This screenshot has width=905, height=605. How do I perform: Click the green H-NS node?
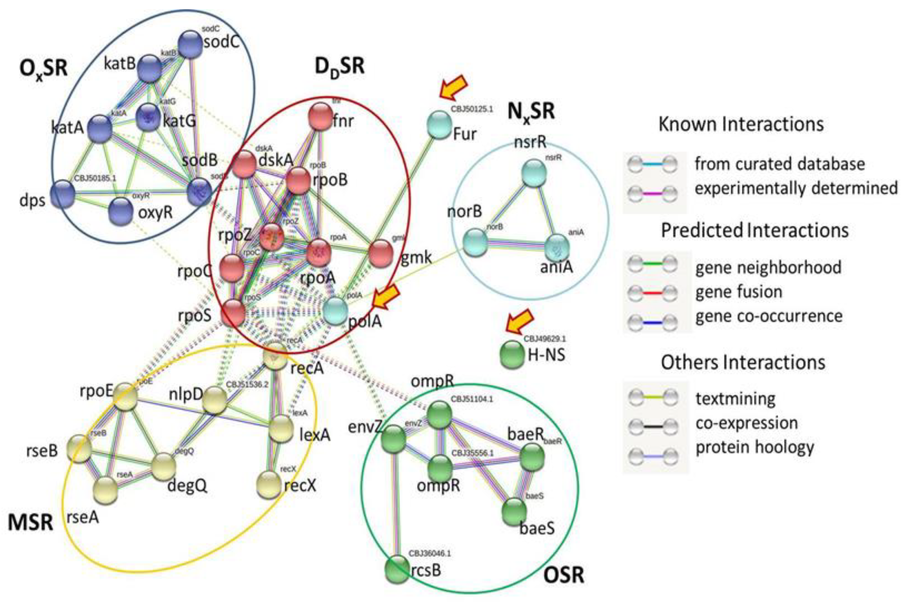point(512,353)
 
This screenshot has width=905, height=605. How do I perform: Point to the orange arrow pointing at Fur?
point(454,88)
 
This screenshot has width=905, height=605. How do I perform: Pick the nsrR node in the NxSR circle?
point(534,173)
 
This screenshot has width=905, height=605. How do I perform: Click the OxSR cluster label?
point(43,69)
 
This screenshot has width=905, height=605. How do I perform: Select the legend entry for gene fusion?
point(738,292)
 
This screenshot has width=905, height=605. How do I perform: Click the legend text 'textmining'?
point(735,399)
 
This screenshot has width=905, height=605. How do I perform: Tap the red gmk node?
point(381,253)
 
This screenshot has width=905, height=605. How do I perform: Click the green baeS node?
point(514,512)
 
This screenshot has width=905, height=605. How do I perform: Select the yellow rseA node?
point(105,490)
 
